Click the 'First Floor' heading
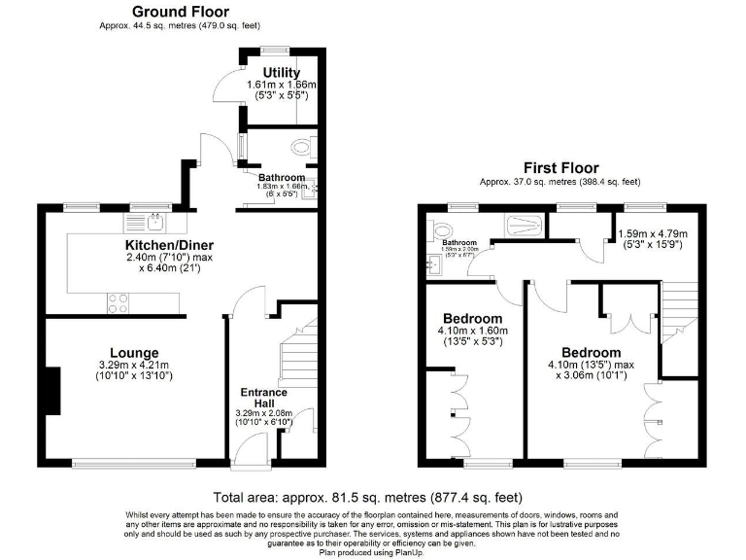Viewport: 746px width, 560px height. point(560,168)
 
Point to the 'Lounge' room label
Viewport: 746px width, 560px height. point(134,352)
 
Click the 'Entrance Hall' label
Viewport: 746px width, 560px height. point(264,399)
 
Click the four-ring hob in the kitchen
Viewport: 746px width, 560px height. point(118,302)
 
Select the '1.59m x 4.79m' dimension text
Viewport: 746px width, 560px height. point(653,234)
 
